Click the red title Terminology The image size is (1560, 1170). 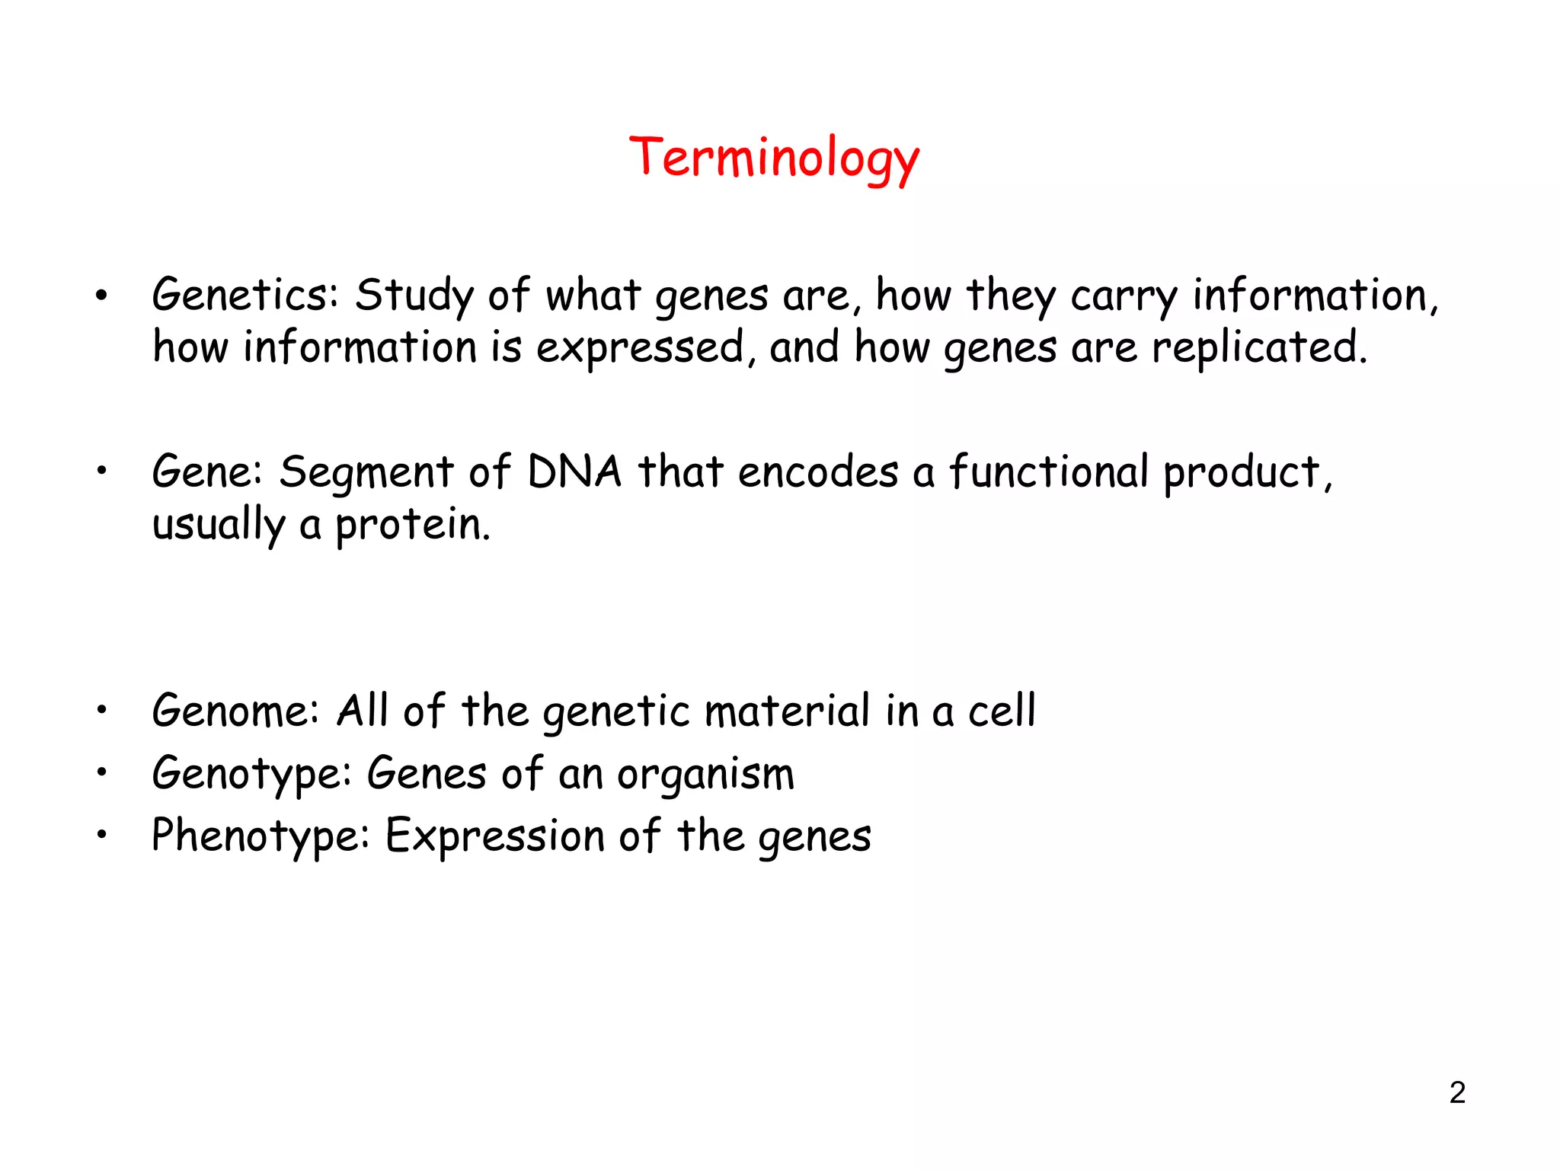click(774, 158)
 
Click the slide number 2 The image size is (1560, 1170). click(1456, 1092)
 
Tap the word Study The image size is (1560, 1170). click(414, 296)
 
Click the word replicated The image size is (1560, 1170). click(1258, 347)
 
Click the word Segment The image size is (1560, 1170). click(366, 472)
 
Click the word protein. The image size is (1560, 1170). click(412, 524)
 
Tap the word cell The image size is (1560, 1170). click(1001, 711)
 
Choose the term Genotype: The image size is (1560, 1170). click(251, 775)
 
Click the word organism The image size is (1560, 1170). click(705, 775)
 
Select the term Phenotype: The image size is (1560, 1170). click(260, 836)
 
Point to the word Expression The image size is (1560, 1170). click(494, 836)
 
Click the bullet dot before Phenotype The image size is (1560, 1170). click(102, 835)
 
